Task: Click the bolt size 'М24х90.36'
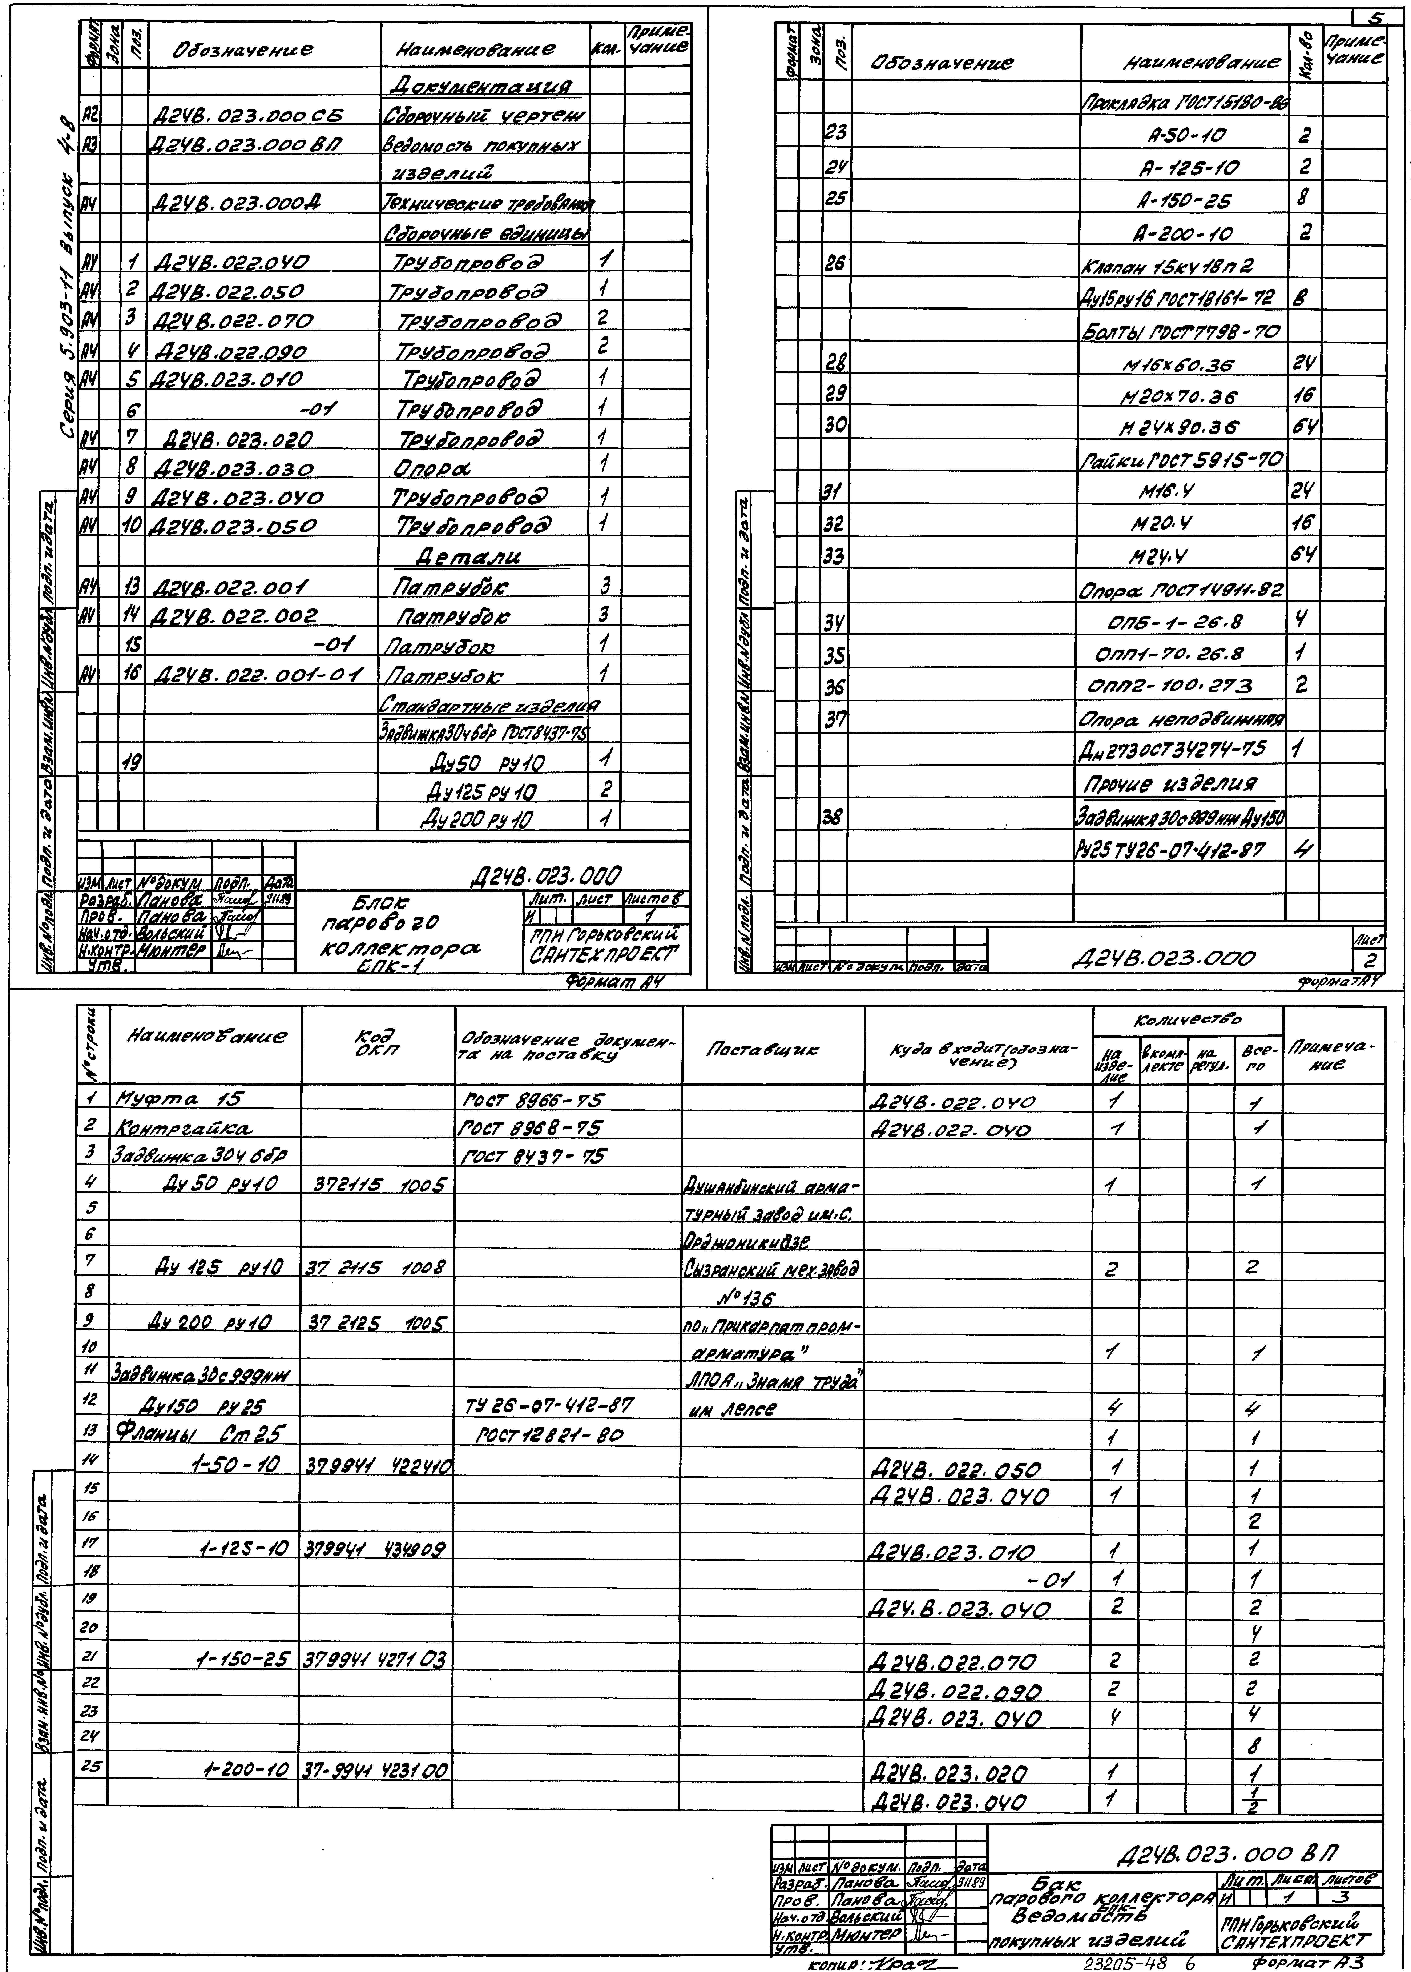[1183, 428]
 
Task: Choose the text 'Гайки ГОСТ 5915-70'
[1182, 460]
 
